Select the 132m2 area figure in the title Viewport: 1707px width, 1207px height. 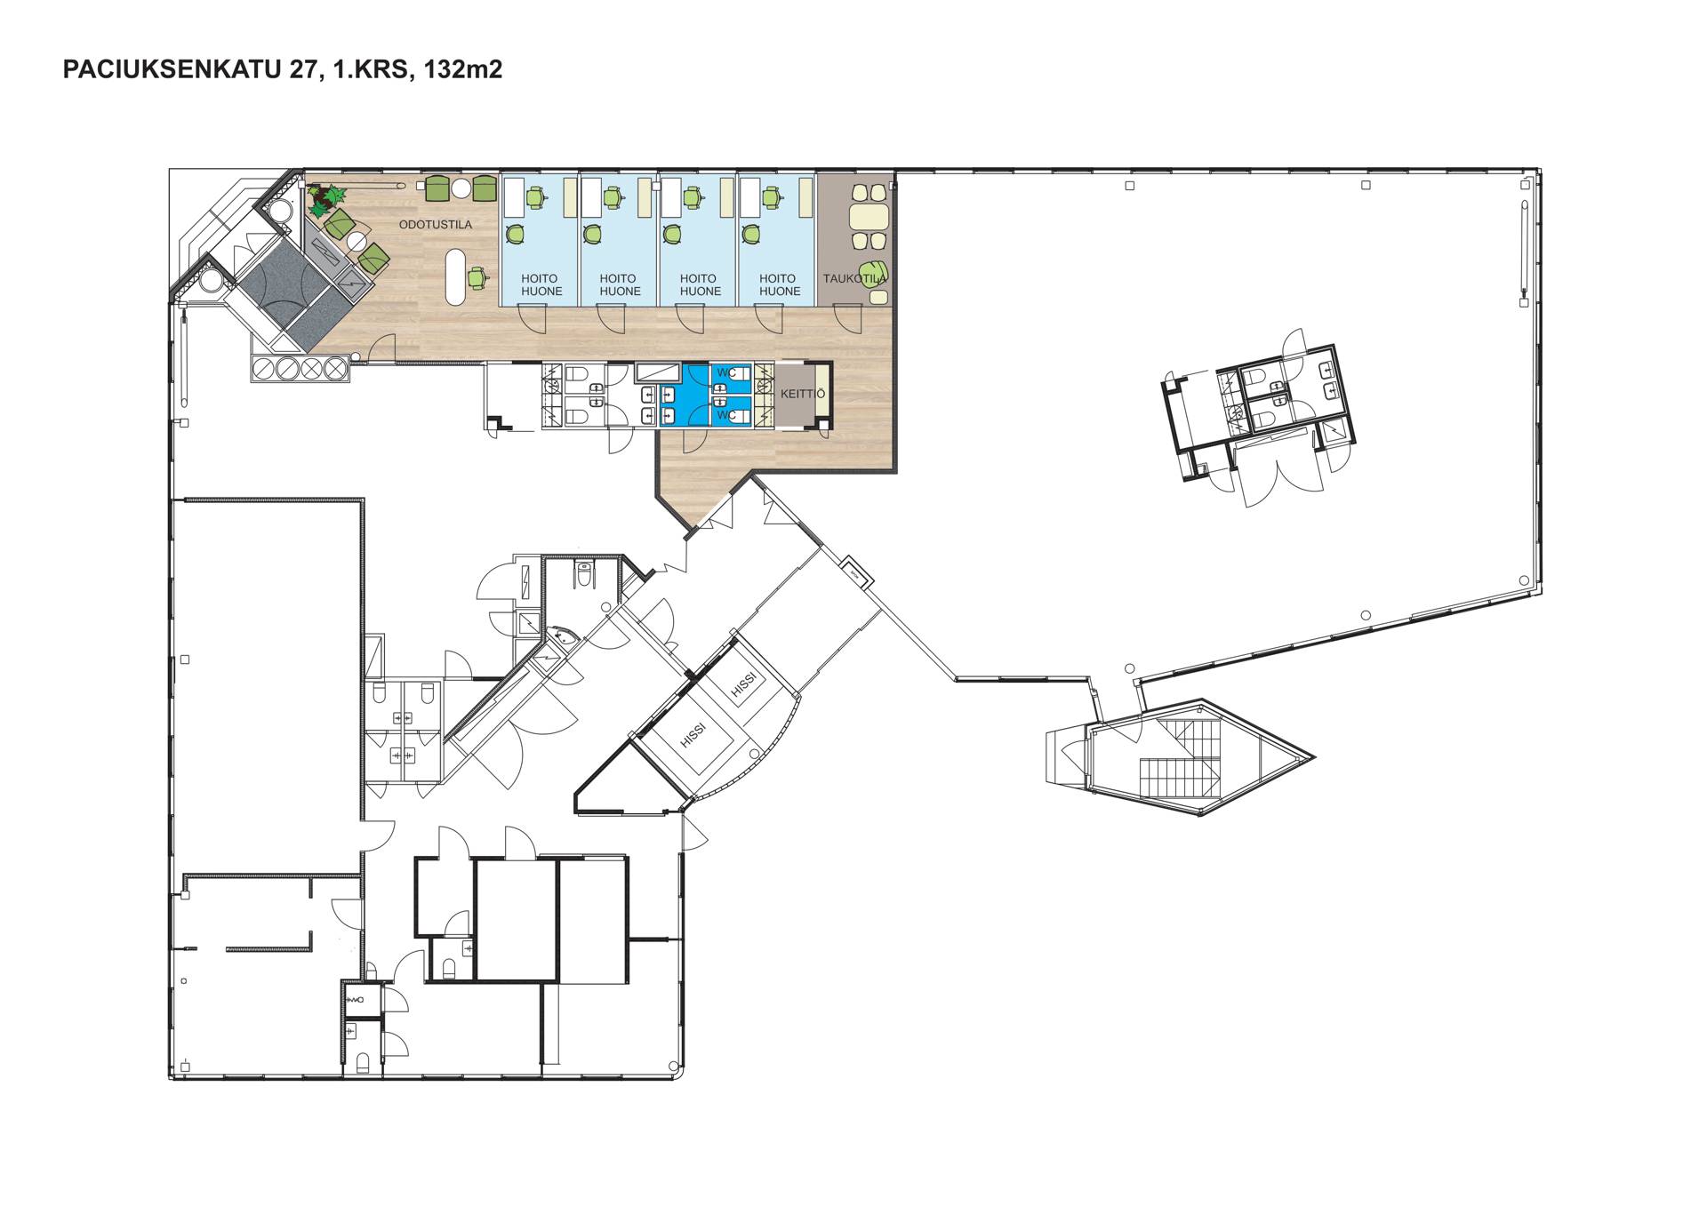[463, 69]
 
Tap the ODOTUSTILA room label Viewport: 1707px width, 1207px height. [435, 225]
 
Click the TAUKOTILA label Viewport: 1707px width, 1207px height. [854, 279]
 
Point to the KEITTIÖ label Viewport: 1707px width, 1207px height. [803, 394]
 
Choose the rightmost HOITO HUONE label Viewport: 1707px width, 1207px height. [779, 285]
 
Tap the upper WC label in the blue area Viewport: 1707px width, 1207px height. [725, 373]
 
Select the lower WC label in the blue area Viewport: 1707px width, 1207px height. [725, 414]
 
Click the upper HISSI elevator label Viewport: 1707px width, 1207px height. [744, 683]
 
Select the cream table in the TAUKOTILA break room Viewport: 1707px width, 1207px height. [869, 218]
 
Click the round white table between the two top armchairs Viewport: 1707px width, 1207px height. [461, 188]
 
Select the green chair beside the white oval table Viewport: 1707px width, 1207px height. [478, 277]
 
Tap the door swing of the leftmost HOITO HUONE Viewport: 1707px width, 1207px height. [533, 318]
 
